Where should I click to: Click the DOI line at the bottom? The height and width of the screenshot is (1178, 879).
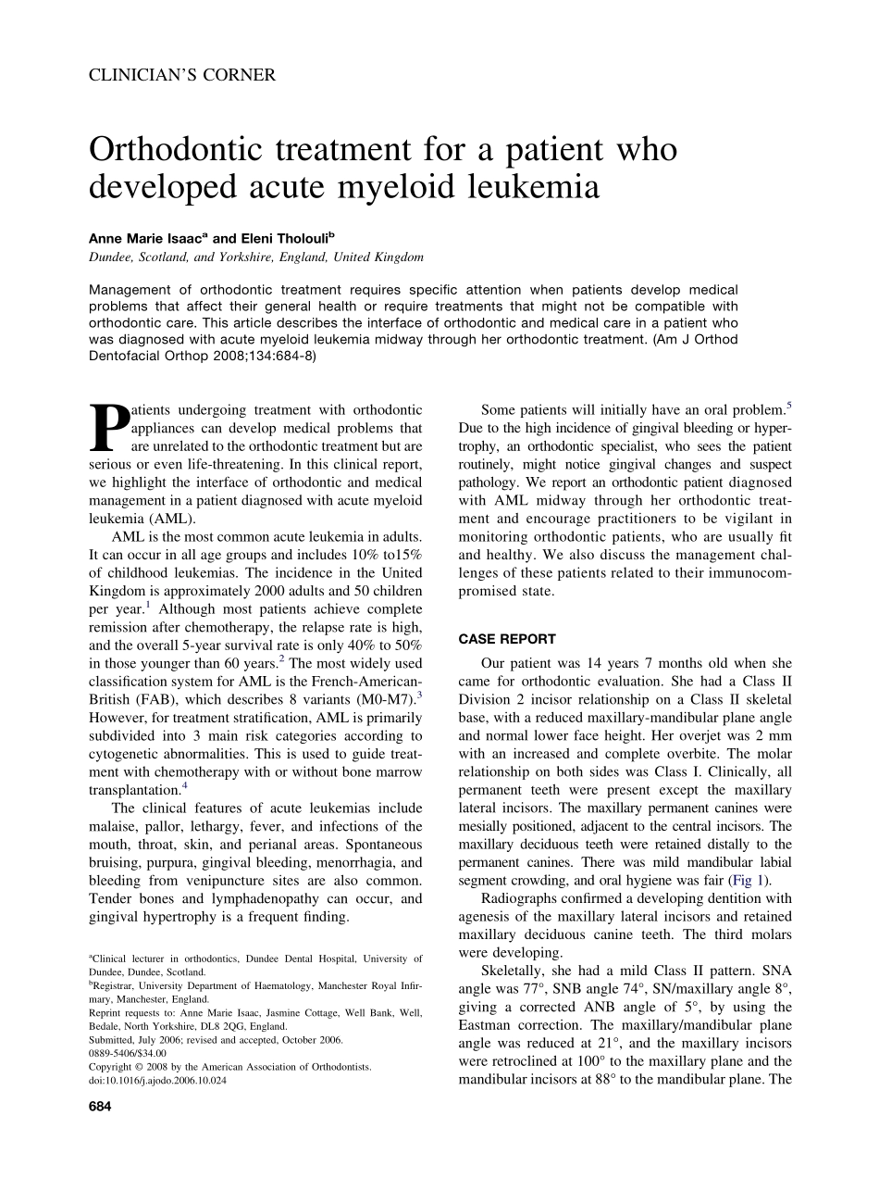(x=157, y=1080)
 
